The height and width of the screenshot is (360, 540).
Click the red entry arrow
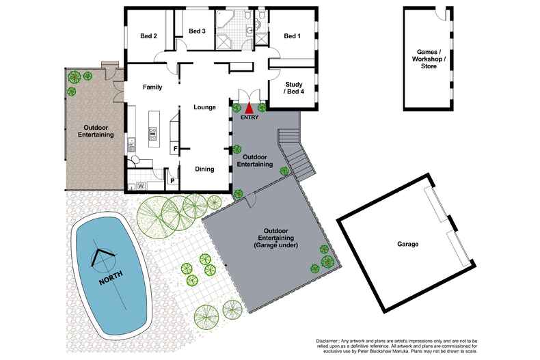(x=249, y=107)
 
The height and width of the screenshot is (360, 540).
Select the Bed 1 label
(x=292, y=36)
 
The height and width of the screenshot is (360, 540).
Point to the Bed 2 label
(x=149, y=36)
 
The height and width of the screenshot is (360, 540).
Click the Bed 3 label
(x=197, y=31)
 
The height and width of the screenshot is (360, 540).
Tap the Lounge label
(x=204, y=107)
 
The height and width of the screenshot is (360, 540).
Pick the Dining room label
(x=204, y=169)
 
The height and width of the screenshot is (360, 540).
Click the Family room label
(x=152, y=87)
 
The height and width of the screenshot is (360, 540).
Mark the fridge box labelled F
(x=175, y=149)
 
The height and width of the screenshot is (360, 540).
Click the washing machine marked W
(x=141, y=185)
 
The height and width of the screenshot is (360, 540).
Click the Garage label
(x=407, y=244)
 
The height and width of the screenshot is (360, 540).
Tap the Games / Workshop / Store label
(x=428, y=59)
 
